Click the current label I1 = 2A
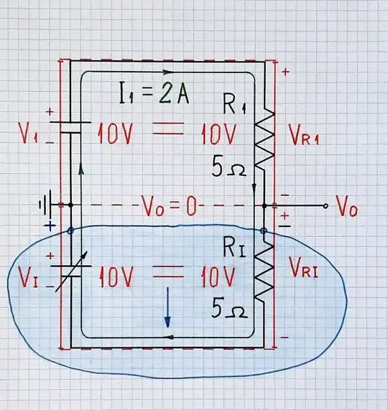pos(154,94)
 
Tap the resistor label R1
pos(234,106)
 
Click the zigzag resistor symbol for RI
pos(266,273)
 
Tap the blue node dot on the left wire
pos(70,231)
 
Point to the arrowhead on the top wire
pos(169,72)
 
